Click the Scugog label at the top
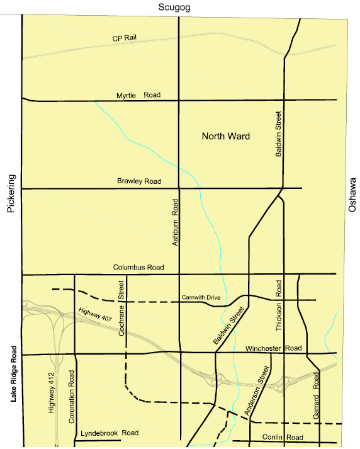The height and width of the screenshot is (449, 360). [x=176, y=7]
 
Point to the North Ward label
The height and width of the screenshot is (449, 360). [x=225, y=136]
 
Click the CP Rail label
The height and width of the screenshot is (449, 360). [x=125, y=38]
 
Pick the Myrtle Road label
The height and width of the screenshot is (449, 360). [x=138, y=95]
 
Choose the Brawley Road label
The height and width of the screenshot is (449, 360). [x=139, y=181]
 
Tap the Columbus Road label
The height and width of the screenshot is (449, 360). [x=138, y=268]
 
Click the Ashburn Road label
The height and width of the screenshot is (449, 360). [x=176, y=221]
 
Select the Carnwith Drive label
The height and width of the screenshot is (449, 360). [x=200, y=297]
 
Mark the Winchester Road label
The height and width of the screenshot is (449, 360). [x=274, y=348]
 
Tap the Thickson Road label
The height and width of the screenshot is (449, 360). [x=278, y=305]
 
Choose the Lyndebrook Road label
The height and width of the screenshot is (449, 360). [x=110, y=433]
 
